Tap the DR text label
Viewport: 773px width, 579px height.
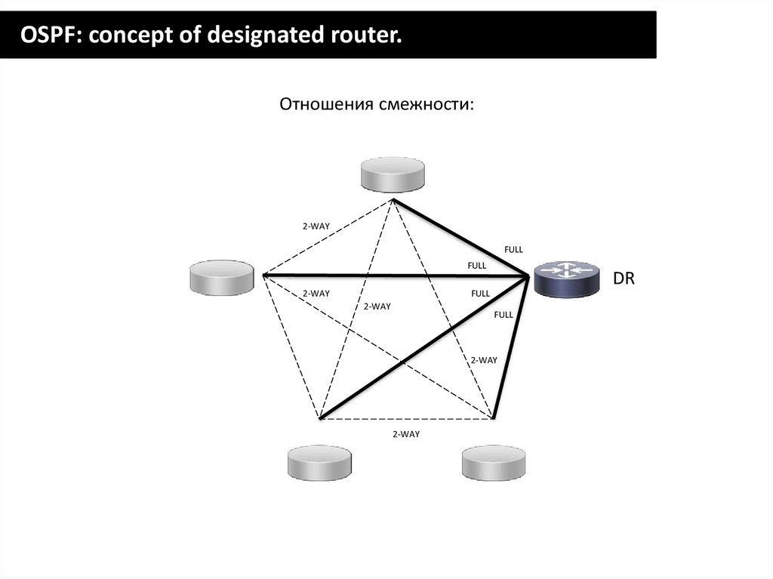(x=624, y=279)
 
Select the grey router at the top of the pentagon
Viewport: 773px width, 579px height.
(x=393, y=175)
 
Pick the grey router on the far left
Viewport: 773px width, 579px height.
(x=222, y=277)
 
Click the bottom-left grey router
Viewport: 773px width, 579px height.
(x=320, y=462)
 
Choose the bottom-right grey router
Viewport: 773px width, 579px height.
(x=494, y=462)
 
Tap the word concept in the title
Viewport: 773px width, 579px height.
(x=128, y=34)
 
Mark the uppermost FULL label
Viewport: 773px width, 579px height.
(x=513, y=249)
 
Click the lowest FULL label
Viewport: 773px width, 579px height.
(x=504, y=315)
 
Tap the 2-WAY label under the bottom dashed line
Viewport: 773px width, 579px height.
(x=406, y=434)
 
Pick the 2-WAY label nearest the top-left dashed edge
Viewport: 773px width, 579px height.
(x=316, y=226)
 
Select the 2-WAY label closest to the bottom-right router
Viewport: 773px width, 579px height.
(x=484, y=360)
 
